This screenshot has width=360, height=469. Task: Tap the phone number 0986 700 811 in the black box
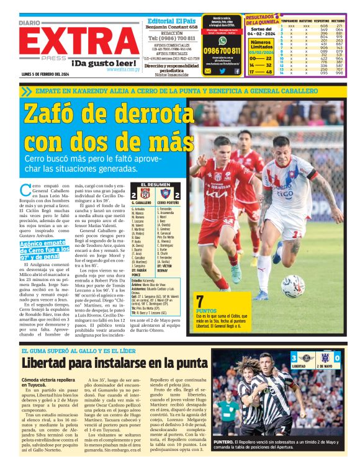pos(222,51)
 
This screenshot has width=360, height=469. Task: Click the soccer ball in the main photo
pos(291,285)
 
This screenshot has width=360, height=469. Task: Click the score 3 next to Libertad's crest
pos(294,357)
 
